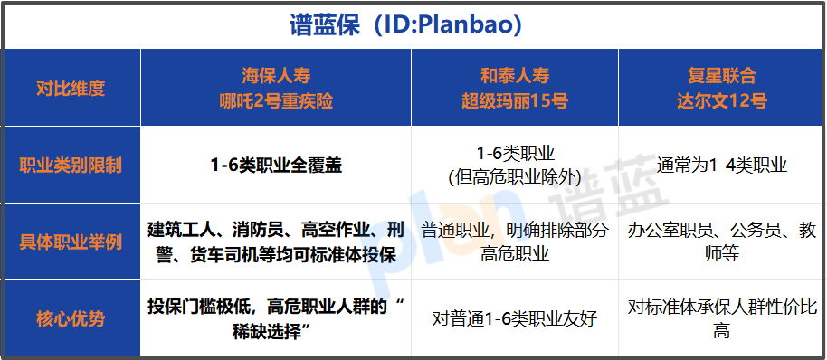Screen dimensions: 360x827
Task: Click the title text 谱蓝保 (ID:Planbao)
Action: pyautogui.click(x=413, y=25)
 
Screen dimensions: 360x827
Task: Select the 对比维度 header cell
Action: pyautogui.click(x=71, y=88)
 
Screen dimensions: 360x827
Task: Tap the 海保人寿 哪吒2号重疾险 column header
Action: pyautogui.click(x=276, y=88)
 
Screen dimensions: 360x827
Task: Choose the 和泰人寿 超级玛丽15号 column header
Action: pyautogui.click(x=514, y=88)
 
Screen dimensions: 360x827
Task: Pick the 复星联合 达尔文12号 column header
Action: pyautogui.click(x=721, y=88)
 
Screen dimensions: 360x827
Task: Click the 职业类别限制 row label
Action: pyautogui.click(x=71, y=166)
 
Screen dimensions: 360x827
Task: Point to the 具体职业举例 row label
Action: pyautogui.click(x=71, y=242)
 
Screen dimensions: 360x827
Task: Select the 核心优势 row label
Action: pyautogui.click(x=71, y=318)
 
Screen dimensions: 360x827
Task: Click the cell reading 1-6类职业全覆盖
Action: pyautogui.click(x=276, y=166)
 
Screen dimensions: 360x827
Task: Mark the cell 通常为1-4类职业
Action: pyautogui.click(x=721, y=166)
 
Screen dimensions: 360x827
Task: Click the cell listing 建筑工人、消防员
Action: pyautogui.click(x=276, y=242)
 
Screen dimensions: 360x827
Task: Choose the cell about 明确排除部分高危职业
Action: pyautogui.click(x=514, y=242)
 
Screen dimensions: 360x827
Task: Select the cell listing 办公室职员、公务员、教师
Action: pyautogui.click(x=721, y=242)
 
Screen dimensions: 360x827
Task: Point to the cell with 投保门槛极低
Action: pyautogui.click(x=276, y=318)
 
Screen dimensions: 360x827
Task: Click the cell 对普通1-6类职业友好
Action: pyautogui.click(x=514, y=318)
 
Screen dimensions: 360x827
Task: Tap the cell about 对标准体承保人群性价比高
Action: pyautogui.click(x=721, y=318)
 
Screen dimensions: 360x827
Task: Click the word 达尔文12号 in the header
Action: pyautogui.click(x=721, y=100)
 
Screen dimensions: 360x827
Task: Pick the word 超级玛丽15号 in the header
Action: pyautogui.click(x=514, y=100)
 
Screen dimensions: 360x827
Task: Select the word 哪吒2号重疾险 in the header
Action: pyautogui.click(x=276, y=100)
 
